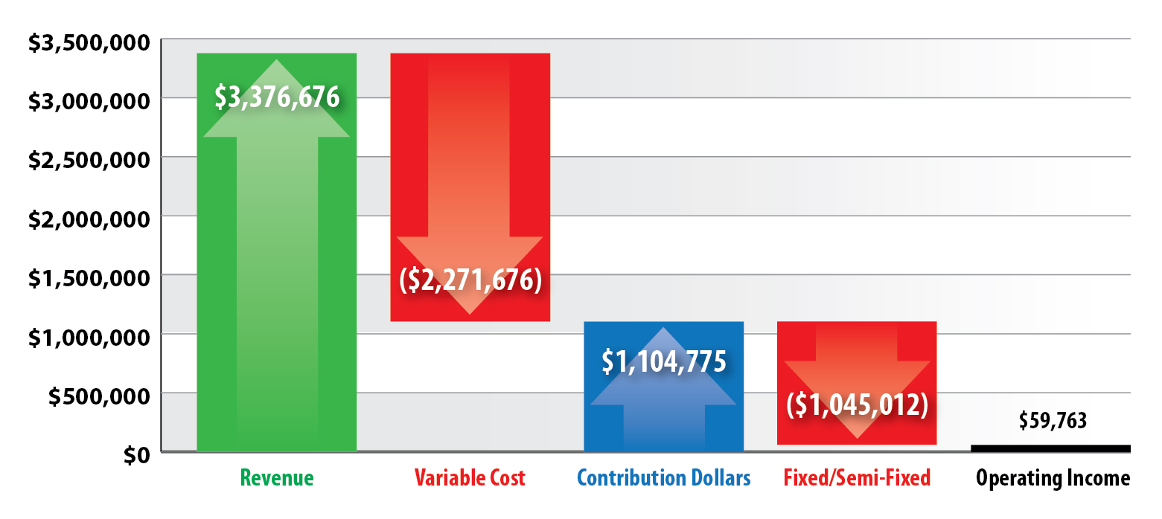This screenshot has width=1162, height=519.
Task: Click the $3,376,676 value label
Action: [276, 97]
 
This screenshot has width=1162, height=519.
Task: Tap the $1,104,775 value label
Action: [663, 361]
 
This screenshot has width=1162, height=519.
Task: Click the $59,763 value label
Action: [1053, 421]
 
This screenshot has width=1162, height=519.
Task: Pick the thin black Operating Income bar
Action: [1050, 448]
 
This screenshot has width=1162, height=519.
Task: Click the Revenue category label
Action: [277, 478]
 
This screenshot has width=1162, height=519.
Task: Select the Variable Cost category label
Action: [470, 478]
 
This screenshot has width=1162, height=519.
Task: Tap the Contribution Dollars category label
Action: [663, 478]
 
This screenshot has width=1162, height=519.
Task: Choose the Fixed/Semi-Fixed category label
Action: [857, 478]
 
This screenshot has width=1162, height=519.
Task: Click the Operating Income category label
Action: [1053, 478]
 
